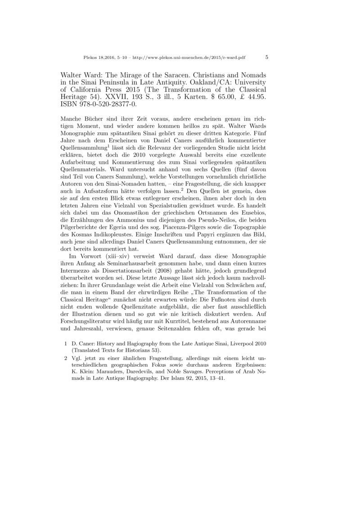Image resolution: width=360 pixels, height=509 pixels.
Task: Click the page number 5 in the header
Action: [267, 57]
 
